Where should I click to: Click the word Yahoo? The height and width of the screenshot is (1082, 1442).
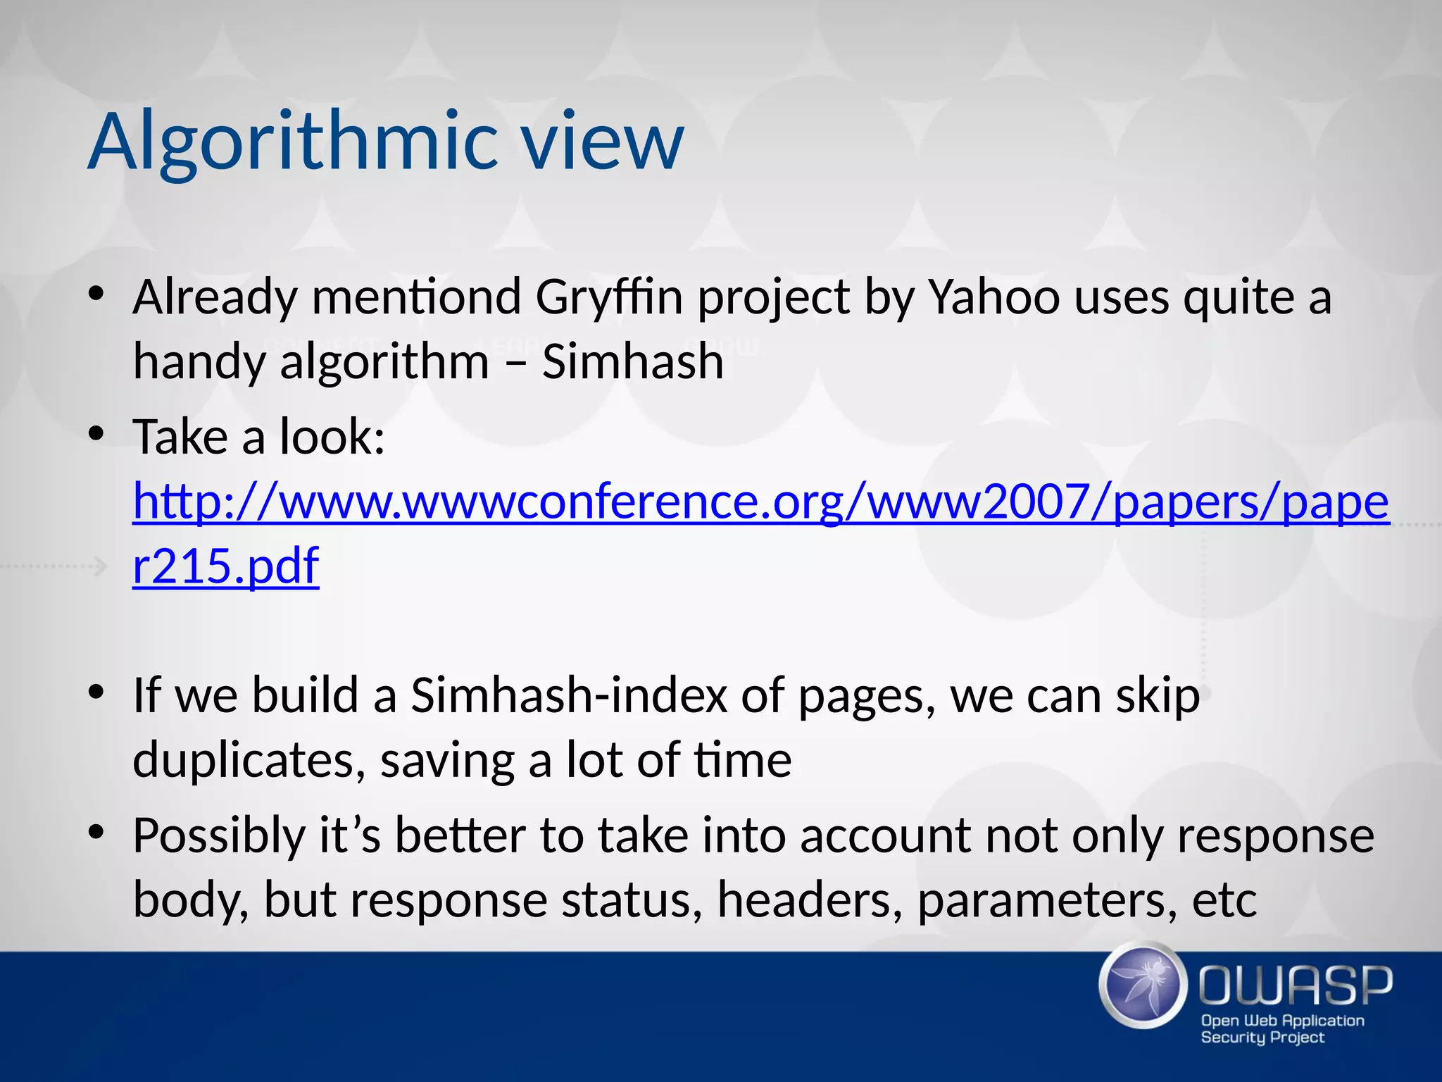click(993, 297)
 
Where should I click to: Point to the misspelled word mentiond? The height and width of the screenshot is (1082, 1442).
click(416, 297)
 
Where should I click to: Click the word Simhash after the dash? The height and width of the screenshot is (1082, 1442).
click(632, 362)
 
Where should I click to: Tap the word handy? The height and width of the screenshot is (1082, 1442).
click(198, 362)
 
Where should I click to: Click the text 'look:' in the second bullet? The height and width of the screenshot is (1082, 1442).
click(332, 437)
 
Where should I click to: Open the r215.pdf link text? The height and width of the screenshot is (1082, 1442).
click(225, 566)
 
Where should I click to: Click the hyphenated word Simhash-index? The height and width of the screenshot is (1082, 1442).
click(568, 696)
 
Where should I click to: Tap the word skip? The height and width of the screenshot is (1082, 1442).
click(1158, 696)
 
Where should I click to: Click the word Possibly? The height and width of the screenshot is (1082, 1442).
click(219, 836)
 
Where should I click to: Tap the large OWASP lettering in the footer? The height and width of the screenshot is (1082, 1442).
click(1296, 985)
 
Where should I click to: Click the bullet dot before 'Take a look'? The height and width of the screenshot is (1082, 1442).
click(96, 434)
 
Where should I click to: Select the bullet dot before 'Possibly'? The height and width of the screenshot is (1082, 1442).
click(96, 833)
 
